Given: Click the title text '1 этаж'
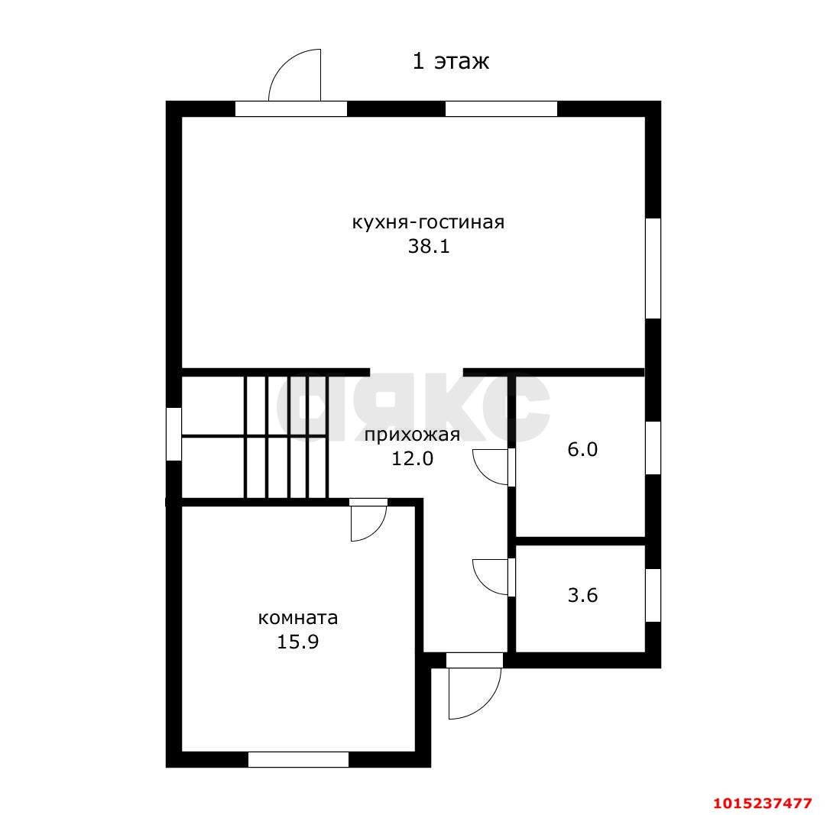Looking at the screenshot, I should click(x=450, y=62).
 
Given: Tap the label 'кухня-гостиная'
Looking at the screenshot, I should click(x=428, y=222).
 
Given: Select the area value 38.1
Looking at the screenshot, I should click(x=428, y=247).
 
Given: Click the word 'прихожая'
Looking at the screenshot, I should click(x=412, y=435).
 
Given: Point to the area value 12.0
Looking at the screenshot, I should click(x=412, y=458).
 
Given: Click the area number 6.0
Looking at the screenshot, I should click(x=582, y=449).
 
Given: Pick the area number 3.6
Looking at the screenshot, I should click(x=582, y=595).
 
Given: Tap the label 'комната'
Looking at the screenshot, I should click(x=298, y=618).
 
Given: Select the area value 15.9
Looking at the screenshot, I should click(x=298, y=642).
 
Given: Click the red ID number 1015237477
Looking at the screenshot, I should click(x=762, y=804).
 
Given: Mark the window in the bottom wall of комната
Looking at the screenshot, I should click(x=298, y=759).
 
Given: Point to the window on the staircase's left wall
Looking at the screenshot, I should click(x=174, y=434).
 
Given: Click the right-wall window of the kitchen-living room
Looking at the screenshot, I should click(x=653, y=268).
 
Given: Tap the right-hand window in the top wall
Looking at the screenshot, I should click(x=501, y=108).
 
